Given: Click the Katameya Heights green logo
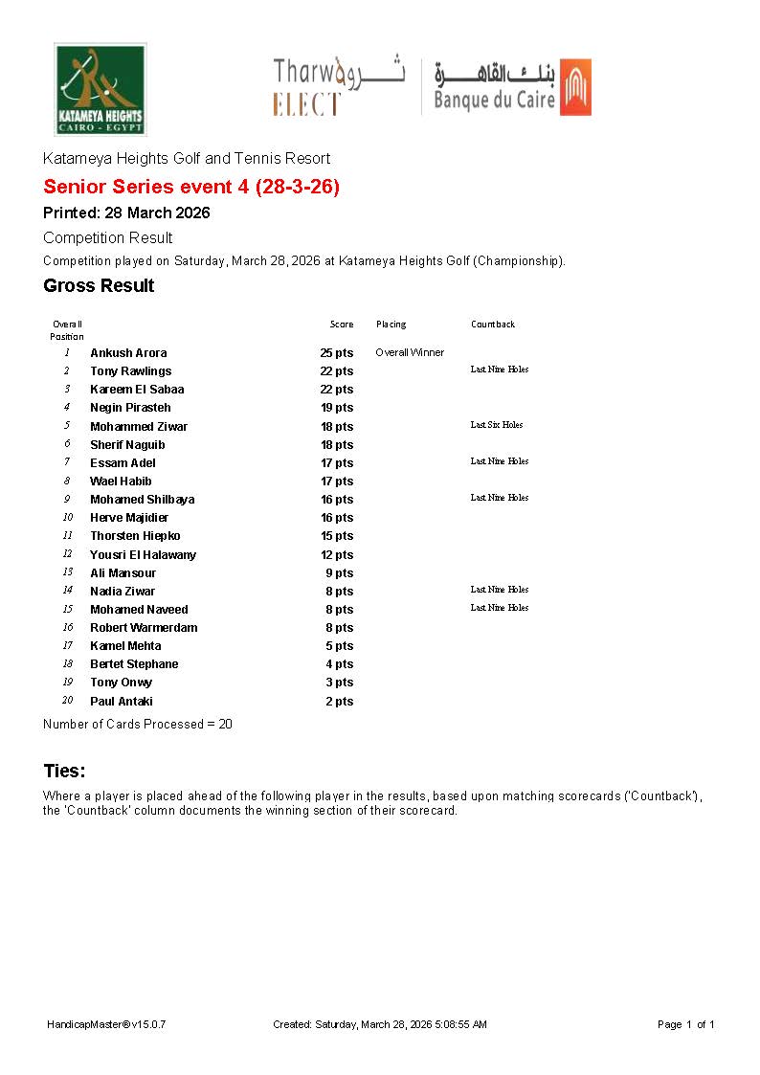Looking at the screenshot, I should click(100, 89).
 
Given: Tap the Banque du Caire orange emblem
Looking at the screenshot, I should click(575, 87).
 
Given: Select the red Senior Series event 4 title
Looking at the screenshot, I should click(191, 187).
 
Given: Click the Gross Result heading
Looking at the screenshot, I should click(99, 285).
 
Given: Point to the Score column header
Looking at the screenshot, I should click(342, 325).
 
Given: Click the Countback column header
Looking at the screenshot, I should click(493, 325).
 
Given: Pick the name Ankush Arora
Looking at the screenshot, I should click(128, 353).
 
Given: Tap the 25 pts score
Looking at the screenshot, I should click(336, 353).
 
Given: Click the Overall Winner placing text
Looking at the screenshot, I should click(410, 352).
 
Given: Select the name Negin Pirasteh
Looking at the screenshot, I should click(130, 408).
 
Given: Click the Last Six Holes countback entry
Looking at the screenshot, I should click(497, 425).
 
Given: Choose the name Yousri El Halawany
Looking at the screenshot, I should click(143, 555).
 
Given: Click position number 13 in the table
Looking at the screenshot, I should click(67, 572).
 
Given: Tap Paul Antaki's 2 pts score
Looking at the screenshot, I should click(339, 702).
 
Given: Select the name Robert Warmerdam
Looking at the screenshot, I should click(144, 628).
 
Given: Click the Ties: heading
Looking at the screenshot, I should click(64, 771).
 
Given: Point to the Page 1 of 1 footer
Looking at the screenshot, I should click(686, 1024).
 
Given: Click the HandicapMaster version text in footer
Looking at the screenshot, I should click(106, 1024).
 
